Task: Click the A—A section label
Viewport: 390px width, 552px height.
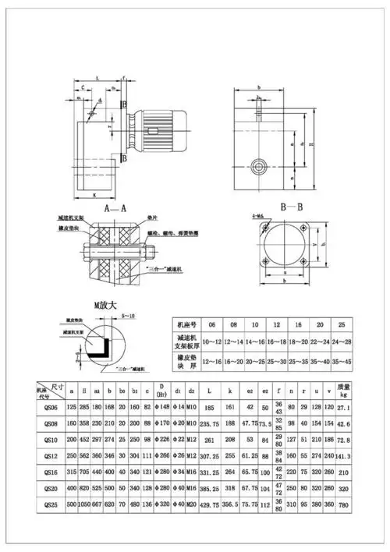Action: click(115, 208)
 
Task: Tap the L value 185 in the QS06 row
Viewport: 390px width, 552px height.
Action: click(210, 406)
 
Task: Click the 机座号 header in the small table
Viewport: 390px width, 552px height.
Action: click(192, 323)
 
